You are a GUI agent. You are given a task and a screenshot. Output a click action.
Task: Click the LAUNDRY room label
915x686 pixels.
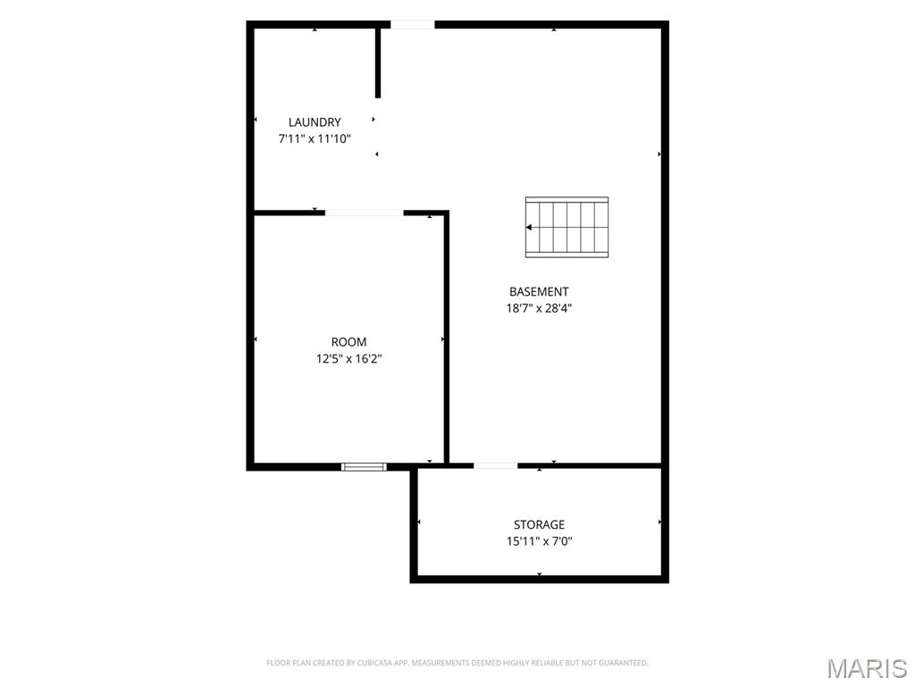315,121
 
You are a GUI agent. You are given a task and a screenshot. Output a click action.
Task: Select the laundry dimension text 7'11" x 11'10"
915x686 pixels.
315,138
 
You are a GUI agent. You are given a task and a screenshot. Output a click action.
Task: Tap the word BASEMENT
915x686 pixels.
539,292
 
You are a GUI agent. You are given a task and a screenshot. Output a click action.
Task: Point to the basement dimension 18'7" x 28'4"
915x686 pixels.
539,308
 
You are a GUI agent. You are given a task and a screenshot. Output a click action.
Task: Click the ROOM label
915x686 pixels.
349,342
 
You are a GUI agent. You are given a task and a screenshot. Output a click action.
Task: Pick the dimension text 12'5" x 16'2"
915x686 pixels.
349,359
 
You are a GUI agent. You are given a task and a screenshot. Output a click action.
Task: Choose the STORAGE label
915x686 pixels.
539,524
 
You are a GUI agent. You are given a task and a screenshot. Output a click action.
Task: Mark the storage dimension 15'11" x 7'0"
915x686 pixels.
539,541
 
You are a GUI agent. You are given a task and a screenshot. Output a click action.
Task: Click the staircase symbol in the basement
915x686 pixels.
567,227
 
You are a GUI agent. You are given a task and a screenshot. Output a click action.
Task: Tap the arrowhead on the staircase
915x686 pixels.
529,228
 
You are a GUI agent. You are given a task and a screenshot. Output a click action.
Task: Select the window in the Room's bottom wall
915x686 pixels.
364,466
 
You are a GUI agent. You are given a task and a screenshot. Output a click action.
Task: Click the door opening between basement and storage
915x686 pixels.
495,465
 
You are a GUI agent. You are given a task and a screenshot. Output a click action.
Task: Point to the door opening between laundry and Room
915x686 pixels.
365,213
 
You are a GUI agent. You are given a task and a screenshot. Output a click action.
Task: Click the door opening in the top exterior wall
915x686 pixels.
412,24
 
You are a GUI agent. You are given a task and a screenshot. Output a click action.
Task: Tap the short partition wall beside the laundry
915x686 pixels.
378,62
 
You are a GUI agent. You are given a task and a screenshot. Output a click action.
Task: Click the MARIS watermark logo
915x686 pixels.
867,668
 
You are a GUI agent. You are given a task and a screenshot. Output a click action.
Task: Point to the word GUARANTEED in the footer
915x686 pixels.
625,663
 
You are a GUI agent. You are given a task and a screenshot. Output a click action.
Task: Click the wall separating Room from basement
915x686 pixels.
447,339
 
